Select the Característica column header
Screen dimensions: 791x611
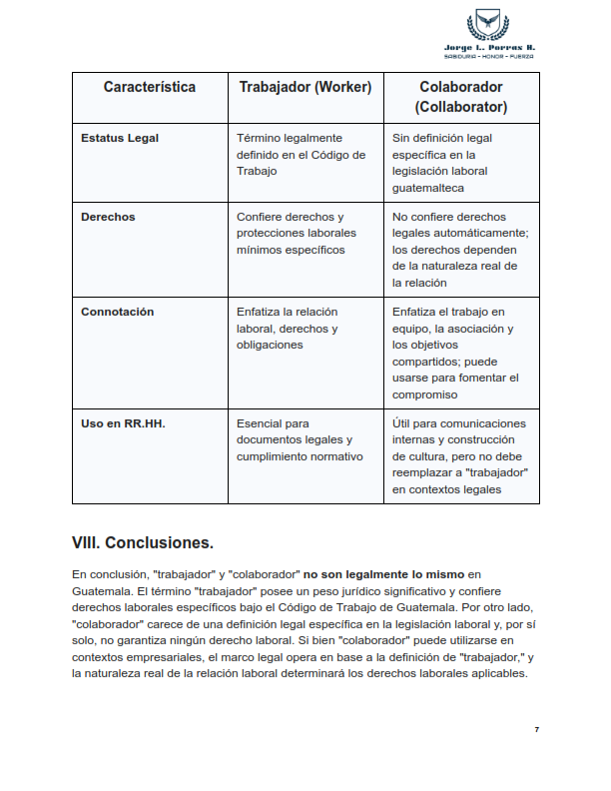click(150, 87)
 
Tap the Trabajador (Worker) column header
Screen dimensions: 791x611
click(305, 87)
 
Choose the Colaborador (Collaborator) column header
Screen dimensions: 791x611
click(462, 97)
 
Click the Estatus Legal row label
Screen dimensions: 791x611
click(120, 138)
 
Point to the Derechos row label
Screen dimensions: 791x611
click(108, 217)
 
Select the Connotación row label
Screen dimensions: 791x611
click(117, 312)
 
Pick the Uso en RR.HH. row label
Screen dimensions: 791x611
click(123, 423)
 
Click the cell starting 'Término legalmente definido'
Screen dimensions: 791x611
click(301, 154)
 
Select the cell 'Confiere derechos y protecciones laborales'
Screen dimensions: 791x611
click(291, 233)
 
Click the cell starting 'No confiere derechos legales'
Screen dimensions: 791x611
click(459, 250)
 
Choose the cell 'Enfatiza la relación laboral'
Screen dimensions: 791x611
click(288, 328)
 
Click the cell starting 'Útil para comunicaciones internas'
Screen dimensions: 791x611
click(459, 456)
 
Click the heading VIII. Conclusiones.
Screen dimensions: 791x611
click(143, 543)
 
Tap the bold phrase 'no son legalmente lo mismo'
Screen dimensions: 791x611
click(384, 574)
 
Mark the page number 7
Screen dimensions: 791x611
click(536, 730)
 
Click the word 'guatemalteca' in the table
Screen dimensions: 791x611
click(427, 187)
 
